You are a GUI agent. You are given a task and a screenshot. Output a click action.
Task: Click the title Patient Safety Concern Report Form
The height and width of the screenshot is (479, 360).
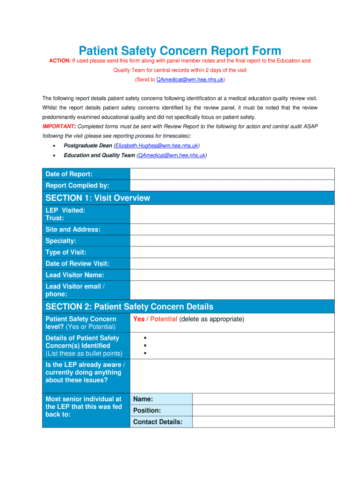coord(180,51)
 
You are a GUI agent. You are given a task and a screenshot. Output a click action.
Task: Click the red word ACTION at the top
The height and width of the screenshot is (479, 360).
coord(59,61)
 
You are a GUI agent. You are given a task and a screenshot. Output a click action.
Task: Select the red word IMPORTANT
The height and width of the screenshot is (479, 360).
coord(58,126)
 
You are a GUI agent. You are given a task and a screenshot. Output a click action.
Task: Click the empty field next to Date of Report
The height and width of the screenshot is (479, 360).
coord(232,174)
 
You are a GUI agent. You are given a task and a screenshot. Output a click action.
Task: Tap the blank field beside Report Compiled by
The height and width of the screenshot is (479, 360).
coord(232,185)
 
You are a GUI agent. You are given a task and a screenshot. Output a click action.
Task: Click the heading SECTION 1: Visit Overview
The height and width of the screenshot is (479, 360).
coord(98,198)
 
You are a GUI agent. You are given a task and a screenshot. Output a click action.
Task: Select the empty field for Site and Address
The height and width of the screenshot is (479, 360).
coord(232,229)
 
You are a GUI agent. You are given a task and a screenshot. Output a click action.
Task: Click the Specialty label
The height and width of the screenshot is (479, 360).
coord(61,241)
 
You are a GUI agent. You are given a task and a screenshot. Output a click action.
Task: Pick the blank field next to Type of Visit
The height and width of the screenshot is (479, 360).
coord(232,252)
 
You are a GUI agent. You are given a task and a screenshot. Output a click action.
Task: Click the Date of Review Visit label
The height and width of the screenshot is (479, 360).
coord(77,263)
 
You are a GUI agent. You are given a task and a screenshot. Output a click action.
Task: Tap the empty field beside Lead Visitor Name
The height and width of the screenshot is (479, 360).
coord(232,275)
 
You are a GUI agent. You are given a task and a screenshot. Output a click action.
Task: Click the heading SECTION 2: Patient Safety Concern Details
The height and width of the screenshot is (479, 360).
coord(129,306)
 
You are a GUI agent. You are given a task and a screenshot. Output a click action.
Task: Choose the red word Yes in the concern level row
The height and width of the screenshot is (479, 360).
coord(139,319)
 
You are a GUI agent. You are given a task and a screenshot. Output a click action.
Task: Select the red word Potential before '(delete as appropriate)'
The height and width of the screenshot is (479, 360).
coord(164,319)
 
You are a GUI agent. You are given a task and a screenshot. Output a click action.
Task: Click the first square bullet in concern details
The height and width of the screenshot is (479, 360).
coord(145,338)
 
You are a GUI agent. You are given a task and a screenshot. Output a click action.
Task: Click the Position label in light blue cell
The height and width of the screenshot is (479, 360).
coord(147,410)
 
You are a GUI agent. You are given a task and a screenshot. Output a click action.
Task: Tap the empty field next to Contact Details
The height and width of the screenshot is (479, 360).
coord(263,422)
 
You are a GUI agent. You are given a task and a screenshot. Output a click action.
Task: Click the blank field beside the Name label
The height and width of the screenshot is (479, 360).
coord(263,399)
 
